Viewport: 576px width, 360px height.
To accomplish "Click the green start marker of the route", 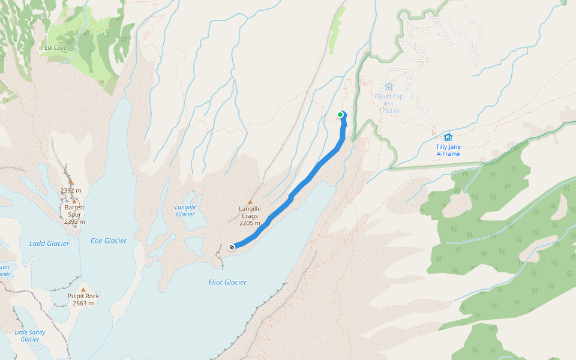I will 340,115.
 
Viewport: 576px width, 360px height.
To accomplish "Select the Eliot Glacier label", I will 227,282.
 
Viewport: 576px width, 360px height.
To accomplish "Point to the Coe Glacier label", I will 108,241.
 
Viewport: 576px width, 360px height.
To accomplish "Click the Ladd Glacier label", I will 49,244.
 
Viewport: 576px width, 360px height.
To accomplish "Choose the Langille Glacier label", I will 185,211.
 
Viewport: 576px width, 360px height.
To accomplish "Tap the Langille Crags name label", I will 250,212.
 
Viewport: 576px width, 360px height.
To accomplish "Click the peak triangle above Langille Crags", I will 250,202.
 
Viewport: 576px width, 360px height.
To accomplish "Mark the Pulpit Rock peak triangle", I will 83,289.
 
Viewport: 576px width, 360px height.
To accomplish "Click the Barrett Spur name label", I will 74,211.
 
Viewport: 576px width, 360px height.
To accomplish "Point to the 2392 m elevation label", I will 71,190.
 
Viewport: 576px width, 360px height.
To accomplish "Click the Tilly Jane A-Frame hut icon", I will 448,137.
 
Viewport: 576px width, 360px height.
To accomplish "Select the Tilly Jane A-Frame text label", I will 448,150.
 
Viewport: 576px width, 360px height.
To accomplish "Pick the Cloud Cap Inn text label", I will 389,100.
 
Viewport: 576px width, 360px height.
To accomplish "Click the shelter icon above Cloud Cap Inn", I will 389,88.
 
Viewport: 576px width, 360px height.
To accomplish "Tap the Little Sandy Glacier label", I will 30,335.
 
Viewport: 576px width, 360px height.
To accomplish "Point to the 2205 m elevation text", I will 250,223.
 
